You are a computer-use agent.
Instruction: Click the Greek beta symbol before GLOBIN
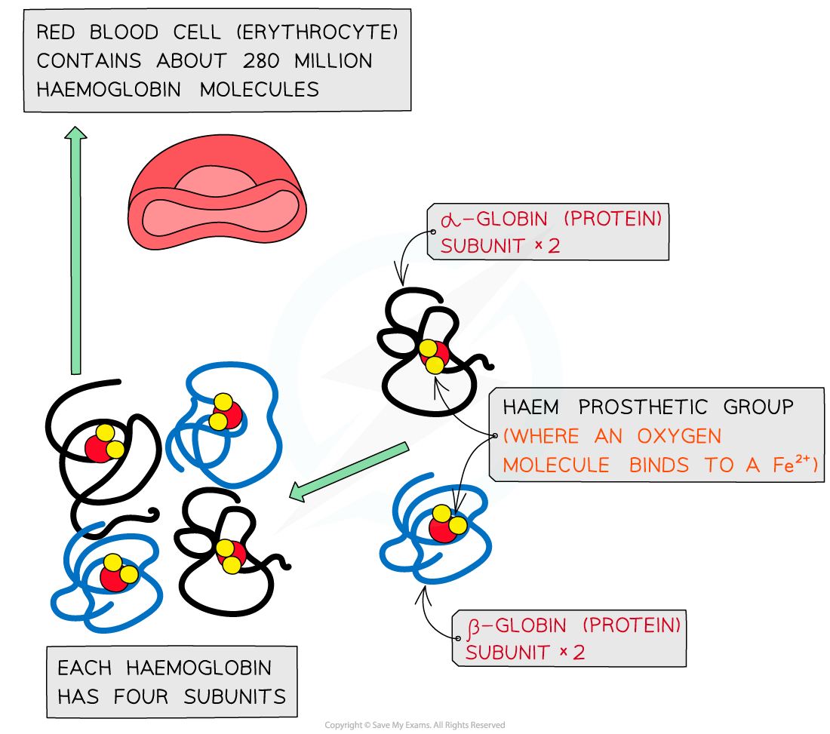point(475,626)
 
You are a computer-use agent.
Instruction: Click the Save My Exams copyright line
point(414,725)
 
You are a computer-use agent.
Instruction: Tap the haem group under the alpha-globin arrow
point(433,356)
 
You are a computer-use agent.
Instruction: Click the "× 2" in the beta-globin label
point(571,653)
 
